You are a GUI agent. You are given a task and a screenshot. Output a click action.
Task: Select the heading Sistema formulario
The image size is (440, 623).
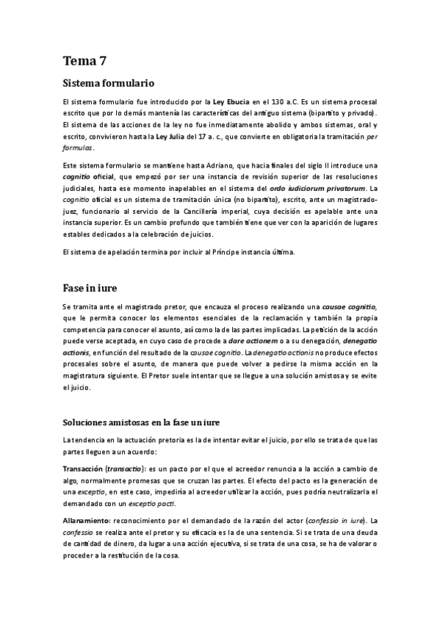[x=109, y=83]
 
